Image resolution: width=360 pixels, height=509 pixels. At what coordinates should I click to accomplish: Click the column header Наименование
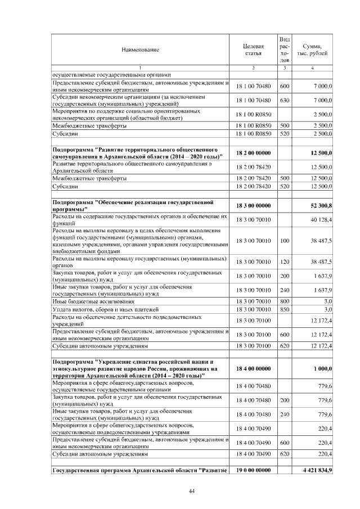[140, 49]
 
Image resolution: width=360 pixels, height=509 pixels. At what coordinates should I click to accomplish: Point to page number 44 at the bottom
[191, 491]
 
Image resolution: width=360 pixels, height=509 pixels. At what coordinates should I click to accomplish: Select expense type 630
[285, 101]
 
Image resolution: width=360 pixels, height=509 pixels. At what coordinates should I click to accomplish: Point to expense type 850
[285, 309]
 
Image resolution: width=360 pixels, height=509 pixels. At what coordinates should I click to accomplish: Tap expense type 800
[285, 301]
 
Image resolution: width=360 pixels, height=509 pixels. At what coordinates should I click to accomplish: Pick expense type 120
[285, 262]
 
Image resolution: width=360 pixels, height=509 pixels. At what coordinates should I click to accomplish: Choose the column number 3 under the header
[285, 68]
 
